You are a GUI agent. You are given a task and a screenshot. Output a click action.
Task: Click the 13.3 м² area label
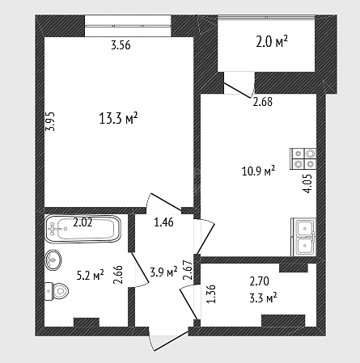(x=119, y=118)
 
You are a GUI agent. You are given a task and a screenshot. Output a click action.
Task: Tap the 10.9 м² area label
(x=258, y=171)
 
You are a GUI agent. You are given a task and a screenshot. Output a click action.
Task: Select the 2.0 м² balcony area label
(x=272, y=42)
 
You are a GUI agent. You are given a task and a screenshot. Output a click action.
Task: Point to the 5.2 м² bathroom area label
(x=91, y=275)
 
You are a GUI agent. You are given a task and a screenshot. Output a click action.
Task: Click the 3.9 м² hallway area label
(x=163, y=272)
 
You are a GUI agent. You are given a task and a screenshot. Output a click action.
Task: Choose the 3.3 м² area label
(x=263, y=298)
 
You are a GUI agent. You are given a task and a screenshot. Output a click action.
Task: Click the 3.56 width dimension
(x=121, y=45)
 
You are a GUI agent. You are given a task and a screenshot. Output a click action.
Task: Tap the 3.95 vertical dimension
(x=50, y=121)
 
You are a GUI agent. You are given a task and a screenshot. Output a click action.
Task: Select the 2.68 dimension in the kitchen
(x=263, y=102)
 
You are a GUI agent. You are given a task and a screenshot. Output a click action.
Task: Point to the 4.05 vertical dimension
(x=307, y=184)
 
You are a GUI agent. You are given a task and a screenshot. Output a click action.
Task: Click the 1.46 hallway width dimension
(x=163, y=222)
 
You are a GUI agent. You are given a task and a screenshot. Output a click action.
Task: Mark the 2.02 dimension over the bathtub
(x=83, y=222)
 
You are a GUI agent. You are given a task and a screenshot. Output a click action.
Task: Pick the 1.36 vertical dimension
(x=212, y=294)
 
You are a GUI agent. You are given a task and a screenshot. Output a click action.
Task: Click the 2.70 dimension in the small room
(x=259, y=281)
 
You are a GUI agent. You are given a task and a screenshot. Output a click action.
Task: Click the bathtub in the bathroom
(x=83, y=229)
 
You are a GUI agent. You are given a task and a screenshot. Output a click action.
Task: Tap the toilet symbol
(x=57, y=291)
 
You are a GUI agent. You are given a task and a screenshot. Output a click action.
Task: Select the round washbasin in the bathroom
(x=53, y=260)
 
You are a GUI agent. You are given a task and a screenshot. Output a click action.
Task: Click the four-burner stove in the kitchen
(x=303, y=158)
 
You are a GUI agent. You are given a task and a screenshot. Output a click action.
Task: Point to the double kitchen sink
(x=303, y=237)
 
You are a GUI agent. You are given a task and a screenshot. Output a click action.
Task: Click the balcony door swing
(x=239, y=90)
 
